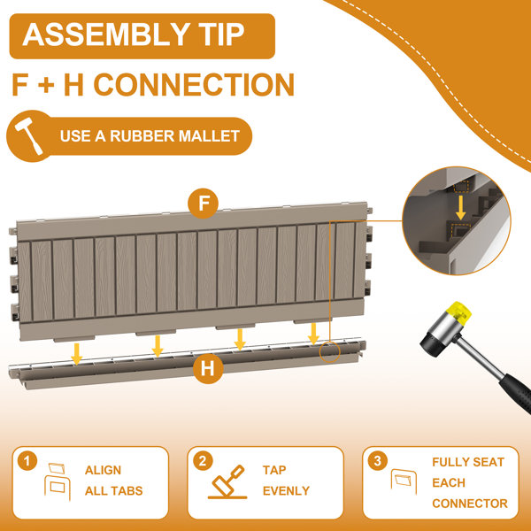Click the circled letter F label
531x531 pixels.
[x=203, y=204]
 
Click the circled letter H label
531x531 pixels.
[x=208, y=368]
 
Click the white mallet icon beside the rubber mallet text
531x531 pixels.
[x=28, y=135]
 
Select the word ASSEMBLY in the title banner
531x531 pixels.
[x=105, y=35]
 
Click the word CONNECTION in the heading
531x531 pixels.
[x=194, y=85]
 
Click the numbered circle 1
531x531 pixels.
[x=27, y=461]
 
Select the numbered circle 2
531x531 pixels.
[x=203, y=461]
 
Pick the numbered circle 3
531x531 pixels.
[x=377, y=461]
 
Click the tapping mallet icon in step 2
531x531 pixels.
[x=227, y=482]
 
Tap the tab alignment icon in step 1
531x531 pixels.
[x=58, y=481]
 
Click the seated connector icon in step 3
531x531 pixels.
[x=404, y=481]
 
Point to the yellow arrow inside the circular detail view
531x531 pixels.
[x=460, y=207]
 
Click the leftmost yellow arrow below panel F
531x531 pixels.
[x=77, y=354]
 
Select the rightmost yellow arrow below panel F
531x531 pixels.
[x=313, y=334]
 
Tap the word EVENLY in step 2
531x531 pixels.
[x=286, y=490]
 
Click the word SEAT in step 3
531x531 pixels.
[x=489, y=462]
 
